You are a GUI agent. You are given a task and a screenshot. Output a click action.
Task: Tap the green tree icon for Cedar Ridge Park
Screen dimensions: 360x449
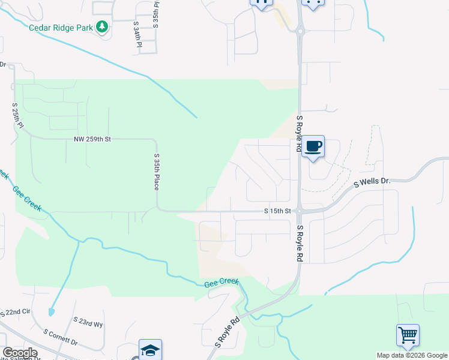click(x=103, y=27)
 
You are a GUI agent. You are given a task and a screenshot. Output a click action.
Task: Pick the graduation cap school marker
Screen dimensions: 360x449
click(x=150, y=350)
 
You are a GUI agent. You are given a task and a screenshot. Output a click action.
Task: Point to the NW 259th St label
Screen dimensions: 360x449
click(x=92, y=139)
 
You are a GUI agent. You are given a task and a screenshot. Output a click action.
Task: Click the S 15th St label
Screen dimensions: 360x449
click(x=277, y=211)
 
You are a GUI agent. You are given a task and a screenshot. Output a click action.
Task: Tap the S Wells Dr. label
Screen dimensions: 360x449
click(x=372, y=181)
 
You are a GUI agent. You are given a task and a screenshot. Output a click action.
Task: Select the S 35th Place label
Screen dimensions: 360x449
click(x=156, y=172)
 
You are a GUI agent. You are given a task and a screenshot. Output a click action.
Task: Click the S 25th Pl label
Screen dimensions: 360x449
click(x=17, y=116)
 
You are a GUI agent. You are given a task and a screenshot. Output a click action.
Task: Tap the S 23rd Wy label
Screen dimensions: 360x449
click(x=88, y=323)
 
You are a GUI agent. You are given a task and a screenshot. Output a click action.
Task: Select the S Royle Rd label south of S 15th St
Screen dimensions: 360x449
click(x=299, y=244)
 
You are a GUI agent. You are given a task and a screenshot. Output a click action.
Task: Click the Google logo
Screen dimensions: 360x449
click(x=20, y=353)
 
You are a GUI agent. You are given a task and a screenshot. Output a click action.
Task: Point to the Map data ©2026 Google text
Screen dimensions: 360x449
click(x=412, y=355)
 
